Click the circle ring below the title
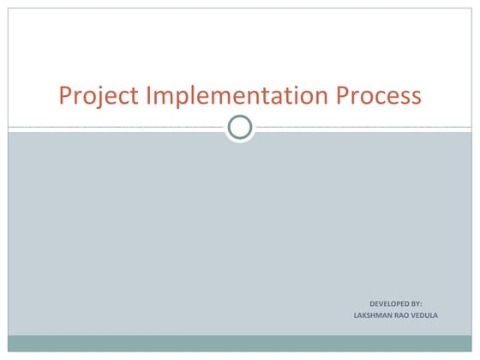click(x=240, y=128)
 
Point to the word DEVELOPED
click(x=387, y=303)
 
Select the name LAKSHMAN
click(x=374, y=315)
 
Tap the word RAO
click(x=407, y=315)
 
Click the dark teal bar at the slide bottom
click(x=240, y=343)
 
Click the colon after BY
click(x=421, y=304)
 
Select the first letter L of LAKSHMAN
click(x=356, y=315)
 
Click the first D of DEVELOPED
click(x=371, y=303)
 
